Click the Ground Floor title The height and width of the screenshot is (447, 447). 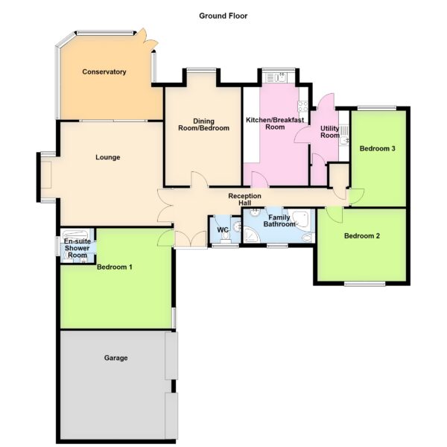tap(223, 16)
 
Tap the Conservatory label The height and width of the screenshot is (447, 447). tap(104, 72)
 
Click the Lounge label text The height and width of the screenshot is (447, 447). tap(108, 157)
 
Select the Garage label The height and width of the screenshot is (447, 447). tap(115, 358)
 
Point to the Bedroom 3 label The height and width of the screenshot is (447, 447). tap(378, 148)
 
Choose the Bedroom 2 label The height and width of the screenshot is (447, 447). tap(362, 236)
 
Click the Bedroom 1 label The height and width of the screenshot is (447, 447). tap(115, 267)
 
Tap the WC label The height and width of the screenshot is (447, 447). tap(223, 229)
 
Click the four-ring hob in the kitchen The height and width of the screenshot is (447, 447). tap(302, 107)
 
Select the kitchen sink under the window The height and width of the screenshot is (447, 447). tap(277, 77)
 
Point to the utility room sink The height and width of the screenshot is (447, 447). tap(344, 135)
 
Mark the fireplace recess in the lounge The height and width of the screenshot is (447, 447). tap(46, 175)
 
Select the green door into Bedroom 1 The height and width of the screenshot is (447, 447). tap(165, 238)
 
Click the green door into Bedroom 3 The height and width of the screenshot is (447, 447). tap(356, 197)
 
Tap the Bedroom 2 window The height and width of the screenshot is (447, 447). tap(364, 284)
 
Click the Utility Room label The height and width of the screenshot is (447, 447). tap(330, 132)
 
